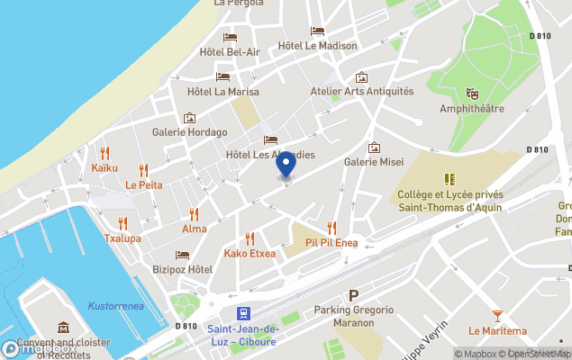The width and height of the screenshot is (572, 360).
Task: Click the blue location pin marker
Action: coord(286,166)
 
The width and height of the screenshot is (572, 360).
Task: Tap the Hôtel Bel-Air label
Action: coord(231,52)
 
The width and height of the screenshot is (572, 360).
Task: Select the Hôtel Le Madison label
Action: coord(317,46)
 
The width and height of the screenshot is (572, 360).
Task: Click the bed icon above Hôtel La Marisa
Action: coord(222,76)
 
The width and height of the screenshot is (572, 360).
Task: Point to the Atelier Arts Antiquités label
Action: coord(361,91)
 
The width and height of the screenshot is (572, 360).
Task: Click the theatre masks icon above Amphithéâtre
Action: coord(471,94)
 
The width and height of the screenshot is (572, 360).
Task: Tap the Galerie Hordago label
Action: coord(189,131)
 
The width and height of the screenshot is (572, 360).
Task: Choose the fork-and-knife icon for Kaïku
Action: coord(104,152)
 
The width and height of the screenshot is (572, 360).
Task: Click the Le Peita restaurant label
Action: coord(143,184)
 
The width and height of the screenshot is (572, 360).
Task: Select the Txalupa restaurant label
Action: coord(123,238)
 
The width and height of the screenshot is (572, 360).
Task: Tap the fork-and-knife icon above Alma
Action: coord(194,214)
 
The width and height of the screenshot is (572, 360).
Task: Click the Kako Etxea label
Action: coord(250,253)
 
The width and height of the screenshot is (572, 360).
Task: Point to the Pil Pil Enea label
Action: coord(331,242)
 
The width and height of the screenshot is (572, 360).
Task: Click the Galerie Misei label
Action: coord(374,163)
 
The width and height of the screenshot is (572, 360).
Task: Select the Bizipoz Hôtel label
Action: coord(182,269)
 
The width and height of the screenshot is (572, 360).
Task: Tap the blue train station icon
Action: coord(242,313)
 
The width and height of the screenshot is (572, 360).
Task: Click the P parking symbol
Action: coord(354,295)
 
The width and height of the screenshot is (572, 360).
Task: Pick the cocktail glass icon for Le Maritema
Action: coord(498,315)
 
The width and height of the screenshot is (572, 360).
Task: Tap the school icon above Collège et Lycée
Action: coord(449,179)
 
